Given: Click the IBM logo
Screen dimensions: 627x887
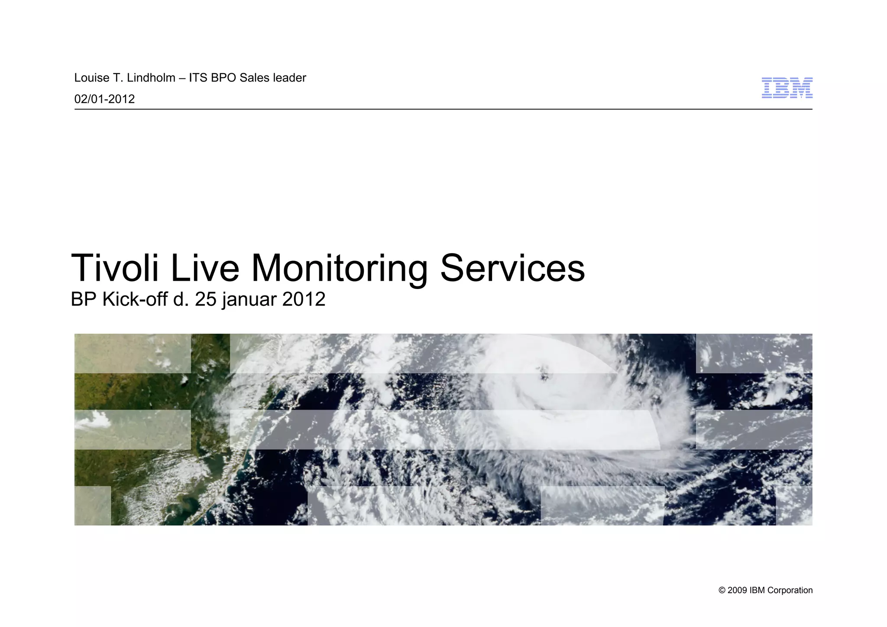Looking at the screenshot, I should pos(787,88).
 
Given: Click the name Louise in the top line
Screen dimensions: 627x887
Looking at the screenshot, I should pos(91,78).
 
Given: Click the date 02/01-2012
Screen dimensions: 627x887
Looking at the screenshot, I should pos(104,99).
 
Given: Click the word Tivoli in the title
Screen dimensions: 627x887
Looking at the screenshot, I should pos(115,268).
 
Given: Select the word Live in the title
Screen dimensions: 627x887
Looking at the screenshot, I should pos(205,268).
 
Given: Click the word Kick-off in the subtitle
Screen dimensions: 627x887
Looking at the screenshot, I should pos(135,299).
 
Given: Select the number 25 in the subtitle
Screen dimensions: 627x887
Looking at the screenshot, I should pos(205,299).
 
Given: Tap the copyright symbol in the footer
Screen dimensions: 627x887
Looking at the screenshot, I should pos(722,591).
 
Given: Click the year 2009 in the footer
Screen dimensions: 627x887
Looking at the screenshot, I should pos(737,591).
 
